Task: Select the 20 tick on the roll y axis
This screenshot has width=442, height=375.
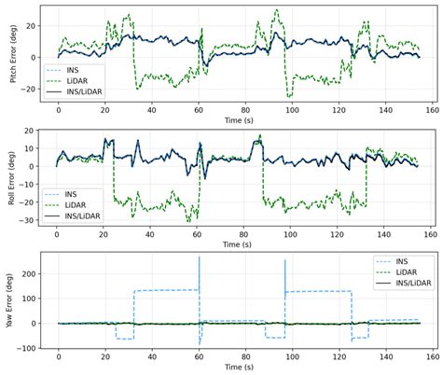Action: pyautogui.click(x=35, y=132)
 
